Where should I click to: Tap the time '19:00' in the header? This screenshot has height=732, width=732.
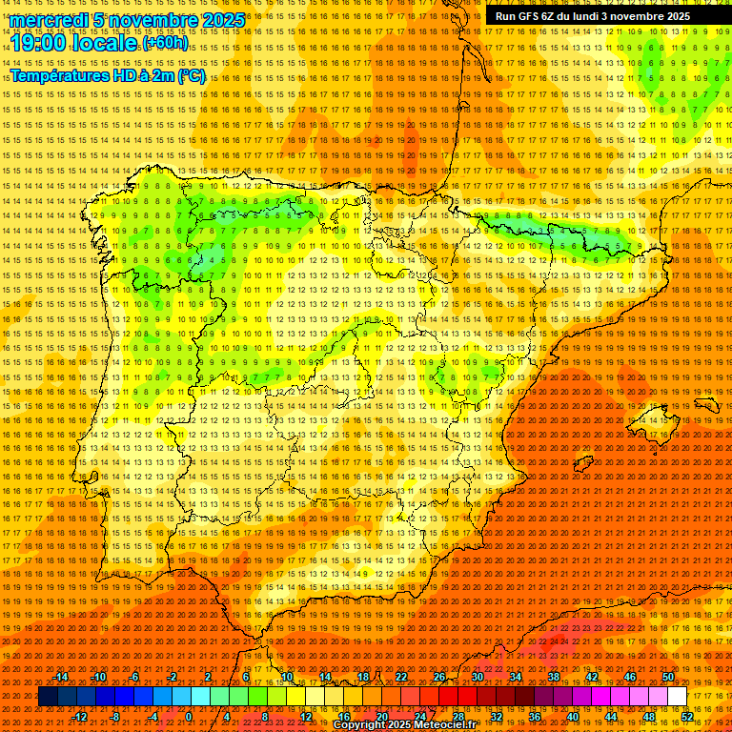(x=39, y=43)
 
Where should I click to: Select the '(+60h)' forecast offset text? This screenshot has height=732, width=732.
(x=166, y=44)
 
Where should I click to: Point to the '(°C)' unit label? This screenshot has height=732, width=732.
(x=191, y=76)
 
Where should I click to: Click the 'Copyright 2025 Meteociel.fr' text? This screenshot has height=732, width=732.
(x=404, y=725)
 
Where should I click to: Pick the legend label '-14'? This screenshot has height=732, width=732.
(x=60, y=677)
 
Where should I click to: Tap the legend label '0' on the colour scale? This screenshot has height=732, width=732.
(x=189, y=717)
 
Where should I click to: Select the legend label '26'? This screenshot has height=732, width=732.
(x=438, y=677)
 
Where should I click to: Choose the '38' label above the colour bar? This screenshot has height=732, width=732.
(x=553, y=677)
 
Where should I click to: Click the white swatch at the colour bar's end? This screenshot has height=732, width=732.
(x=677, y=697)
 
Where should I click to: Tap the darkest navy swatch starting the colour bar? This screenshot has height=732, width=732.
(x=48, y=697)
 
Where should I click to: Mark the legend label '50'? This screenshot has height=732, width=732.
(x=667, y=677)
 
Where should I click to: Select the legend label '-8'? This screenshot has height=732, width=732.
(x=116, y=717)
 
